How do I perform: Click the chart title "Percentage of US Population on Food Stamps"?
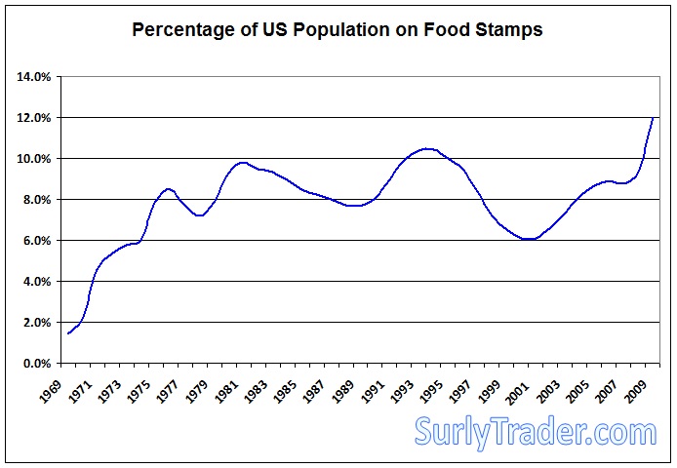[x=338, y=29]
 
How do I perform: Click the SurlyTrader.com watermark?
[x=536, y=431]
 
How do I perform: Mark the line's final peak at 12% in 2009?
[x=653, y=118]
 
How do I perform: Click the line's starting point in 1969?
[x=68, y=333]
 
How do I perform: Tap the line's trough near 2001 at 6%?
[x=528, y=239]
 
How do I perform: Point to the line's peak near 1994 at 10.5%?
[x=425, y=148]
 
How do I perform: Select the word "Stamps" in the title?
[x=507, y=29]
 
